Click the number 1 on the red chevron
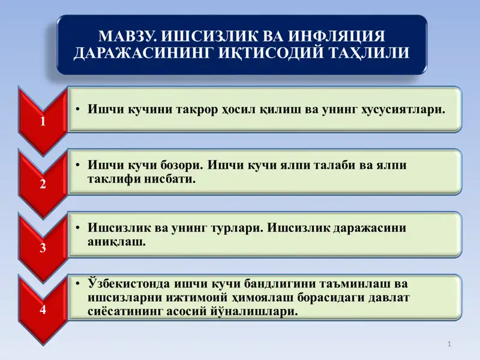point(43,122)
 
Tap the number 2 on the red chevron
point(43,184)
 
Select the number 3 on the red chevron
point(43,247)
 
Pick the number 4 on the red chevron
point(43,310)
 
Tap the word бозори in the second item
point(178,164)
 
